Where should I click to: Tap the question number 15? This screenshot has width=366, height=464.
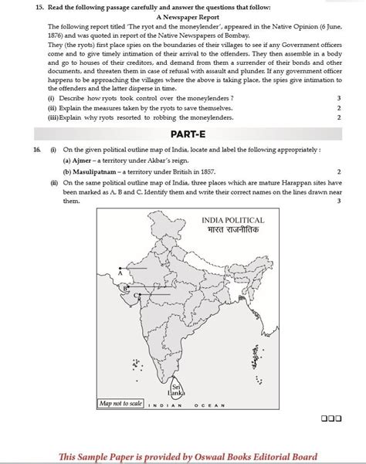(27, 6)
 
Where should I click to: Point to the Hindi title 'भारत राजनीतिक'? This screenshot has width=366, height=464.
(232, 231)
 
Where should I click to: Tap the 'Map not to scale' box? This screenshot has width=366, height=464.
(120, 403)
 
